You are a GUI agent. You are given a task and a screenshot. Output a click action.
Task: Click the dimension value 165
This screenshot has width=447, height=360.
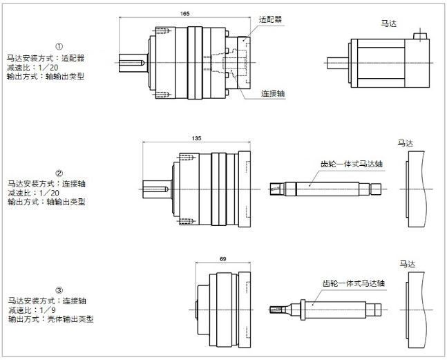pyautogui.click(x=184, y=13)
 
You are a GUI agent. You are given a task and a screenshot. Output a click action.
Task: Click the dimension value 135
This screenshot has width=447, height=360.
pyautogui.click(x=196, y=138)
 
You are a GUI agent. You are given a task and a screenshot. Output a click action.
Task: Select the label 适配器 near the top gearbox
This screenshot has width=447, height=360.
pyautogui.click(x=271, y=19)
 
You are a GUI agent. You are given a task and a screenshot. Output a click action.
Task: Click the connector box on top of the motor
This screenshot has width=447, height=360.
pyautogui.click(x=420, y=36)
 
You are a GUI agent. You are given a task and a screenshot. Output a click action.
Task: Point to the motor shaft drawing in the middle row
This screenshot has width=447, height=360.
pyautogui.click(x=325, y=188)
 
